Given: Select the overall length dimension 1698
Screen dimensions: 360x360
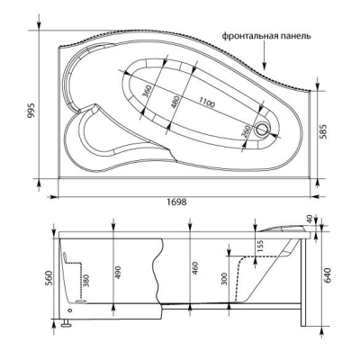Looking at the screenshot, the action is click(176, 202).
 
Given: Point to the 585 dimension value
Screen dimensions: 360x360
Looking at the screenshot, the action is click(324, 130).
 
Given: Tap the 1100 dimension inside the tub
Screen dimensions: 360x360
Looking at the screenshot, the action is click(206, 102).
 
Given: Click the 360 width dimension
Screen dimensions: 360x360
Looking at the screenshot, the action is click(148, 91).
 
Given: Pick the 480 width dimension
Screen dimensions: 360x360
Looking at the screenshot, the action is click(175, 102).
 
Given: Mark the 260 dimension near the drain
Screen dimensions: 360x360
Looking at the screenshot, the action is click(246, 131).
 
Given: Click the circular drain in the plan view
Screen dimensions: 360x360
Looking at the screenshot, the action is click(263, 129).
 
